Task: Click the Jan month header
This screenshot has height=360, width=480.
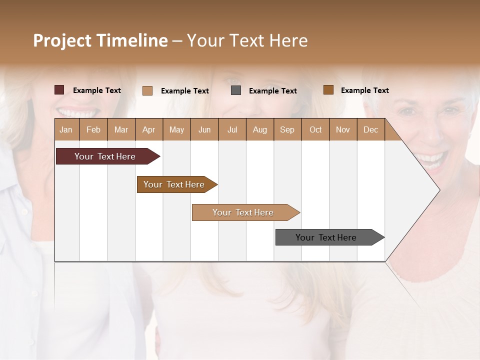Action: (x=66, y=129)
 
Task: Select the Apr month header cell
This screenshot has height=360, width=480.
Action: (x=149, y=129)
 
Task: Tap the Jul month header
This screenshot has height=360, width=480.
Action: (x=232, y=129)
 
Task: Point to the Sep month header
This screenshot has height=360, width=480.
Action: (x=287, y=129)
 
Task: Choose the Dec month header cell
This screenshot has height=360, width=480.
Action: (x=370, y=129)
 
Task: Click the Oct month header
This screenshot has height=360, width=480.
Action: (x=315, y=129)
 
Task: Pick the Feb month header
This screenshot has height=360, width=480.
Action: (x=93, y=129)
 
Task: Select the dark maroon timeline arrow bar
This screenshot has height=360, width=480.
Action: (x=105, y=156)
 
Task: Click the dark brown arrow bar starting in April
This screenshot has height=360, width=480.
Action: (x=174, y=184)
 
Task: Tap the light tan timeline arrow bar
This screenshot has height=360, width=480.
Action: (x=243, y=212)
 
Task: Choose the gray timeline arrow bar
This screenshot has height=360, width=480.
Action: (x=326, y=237)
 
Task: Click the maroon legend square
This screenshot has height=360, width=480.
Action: (x=59, y=90)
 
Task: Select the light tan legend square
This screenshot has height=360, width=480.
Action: (x=147, y=90)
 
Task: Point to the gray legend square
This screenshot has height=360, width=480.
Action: (x=236, y=90)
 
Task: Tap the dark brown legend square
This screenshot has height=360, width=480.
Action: (x=328, y=90)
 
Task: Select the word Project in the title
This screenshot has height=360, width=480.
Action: (x=62, y=40)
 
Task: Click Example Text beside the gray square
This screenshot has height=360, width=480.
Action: (x=272, y=91)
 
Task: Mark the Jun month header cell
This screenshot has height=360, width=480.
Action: (x=204, y=129)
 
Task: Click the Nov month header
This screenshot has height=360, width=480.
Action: (x=343, y=129)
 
